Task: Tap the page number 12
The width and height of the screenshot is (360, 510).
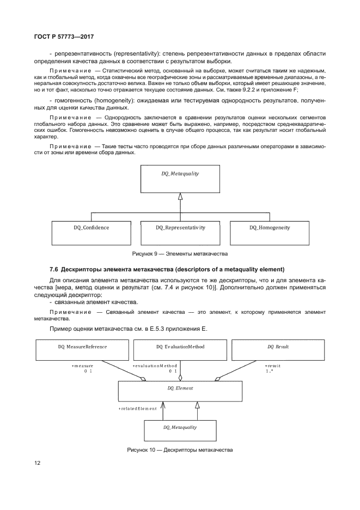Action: pyautogui.click(x=37, y=464)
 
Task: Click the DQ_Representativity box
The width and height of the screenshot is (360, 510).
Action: pyautogui.click(x=180, y=232)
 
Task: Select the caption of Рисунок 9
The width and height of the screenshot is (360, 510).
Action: pyautogui.click(x=180, y=254)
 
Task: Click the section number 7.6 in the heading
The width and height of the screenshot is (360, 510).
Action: pyautogui.click(x=54, y=269)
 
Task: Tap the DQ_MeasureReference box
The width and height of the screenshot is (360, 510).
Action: pyautogui.click(x=82, y=350)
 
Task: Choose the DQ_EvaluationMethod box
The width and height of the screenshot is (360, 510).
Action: pyautogui.click(x=180, y=350)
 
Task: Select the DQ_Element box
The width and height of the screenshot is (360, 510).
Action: pyautogui.click(x=180, y=392)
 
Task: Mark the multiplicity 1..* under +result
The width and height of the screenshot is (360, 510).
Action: pyautogui.click(x=270, y=371)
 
